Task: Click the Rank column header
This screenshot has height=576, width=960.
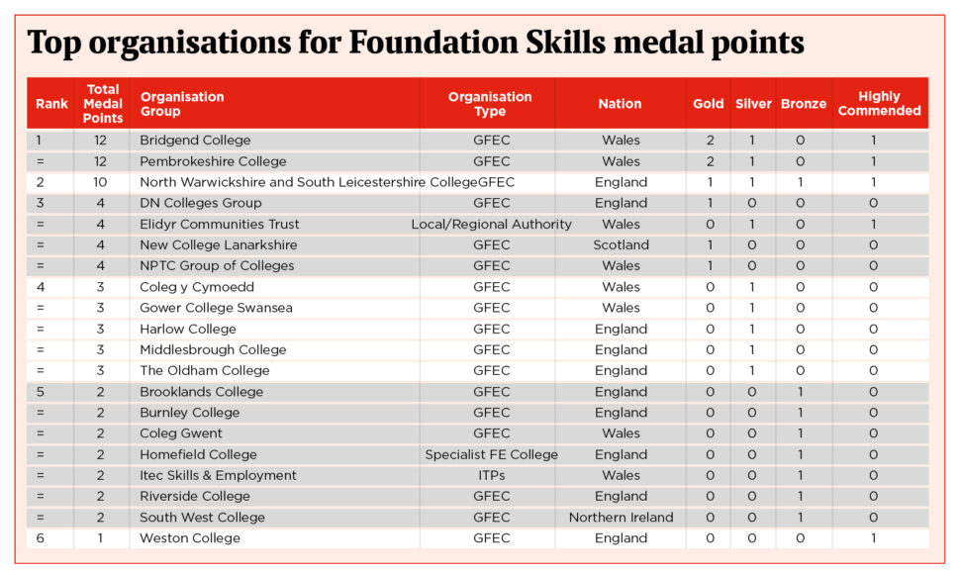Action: click(x=51, y=104)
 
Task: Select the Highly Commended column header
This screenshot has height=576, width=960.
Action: click(x=879, y=104)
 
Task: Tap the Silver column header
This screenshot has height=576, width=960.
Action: click(x=753, y=104)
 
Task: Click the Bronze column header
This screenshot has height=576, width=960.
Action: click(x=804, y=104)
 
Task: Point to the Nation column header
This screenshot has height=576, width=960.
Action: click(x=620, y=104)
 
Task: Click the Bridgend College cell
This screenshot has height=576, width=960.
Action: click(x=195, y=141)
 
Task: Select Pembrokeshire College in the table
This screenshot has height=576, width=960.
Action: click(x=213, y=161)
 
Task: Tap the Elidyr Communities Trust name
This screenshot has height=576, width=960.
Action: click(x=220, y=225)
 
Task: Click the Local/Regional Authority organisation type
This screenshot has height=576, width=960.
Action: click(x=492, y=225)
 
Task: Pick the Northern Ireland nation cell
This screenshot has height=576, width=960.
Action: click(x=621, y=518)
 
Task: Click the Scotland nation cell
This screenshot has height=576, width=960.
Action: click(x=621, y=245)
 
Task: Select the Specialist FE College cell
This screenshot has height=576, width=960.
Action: click(x=492, y=455)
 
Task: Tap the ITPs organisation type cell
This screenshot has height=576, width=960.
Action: click(x=492, y=476)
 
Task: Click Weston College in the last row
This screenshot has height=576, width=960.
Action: click(x=190, y=538)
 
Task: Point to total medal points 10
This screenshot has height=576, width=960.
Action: click(x=101, y=182)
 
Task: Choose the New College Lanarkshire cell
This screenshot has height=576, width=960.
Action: click(x=218, y=245)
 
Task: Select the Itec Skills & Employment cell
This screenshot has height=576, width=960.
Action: click(x=218, y=476)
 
